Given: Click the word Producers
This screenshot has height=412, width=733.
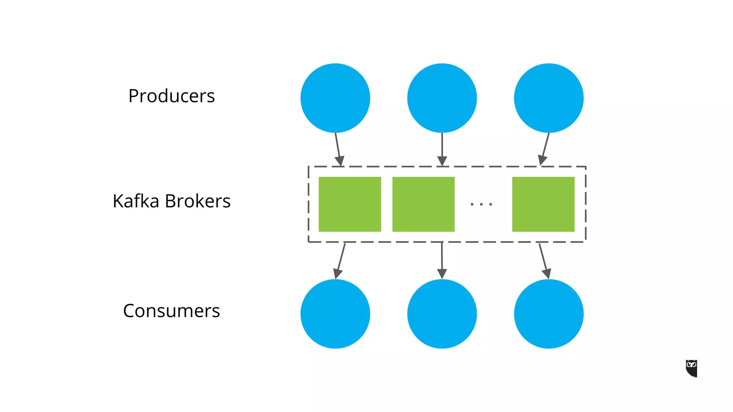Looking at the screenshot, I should [x=171, y=96].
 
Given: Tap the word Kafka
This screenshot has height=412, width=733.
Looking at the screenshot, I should [x=136, y=201].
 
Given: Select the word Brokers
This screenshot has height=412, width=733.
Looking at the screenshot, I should [x=198, y=201].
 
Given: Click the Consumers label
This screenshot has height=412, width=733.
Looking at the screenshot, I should [x=171, y=311].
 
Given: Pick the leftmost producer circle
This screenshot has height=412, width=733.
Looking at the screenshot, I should [x=335, y=98].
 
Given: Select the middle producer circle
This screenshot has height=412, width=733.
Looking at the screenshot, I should [x=442, y=98].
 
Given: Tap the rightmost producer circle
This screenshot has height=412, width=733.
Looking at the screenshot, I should [x=549, y=98].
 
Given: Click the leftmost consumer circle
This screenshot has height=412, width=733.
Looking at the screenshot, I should [x=335, y=314].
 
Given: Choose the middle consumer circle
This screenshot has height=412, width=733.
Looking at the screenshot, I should [x=442, y=314].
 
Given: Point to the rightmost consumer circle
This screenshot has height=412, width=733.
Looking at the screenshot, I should [x=549, y=314].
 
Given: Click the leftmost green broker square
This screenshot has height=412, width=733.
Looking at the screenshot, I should [x=350, y=204].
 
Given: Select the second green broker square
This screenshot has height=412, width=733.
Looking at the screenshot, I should [x=423, y=204].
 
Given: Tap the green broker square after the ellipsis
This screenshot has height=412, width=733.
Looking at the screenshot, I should [x=543, y=204].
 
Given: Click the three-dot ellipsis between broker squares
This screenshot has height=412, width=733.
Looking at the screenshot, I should [x=481, y=204].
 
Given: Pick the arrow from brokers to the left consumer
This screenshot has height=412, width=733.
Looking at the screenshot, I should [x=340, y=261].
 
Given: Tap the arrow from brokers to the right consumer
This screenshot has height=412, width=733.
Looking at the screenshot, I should [x=544, y=261].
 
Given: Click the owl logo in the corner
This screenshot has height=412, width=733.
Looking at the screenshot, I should [x=691, y=368].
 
